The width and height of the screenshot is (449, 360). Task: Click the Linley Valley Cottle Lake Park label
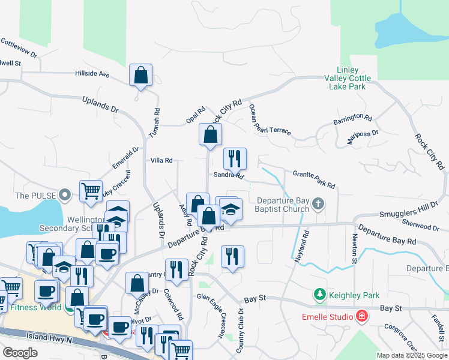[348, 79]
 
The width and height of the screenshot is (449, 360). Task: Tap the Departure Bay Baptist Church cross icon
[318, 206]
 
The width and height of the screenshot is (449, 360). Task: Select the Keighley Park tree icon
[320, 295]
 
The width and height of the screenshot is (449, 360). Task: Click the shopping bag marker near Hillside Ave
[141, 76]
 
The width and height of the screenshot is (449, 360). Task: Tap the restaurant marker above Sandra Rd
[235, 159]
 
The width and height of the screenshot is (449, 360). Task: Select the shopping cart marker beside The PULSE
[91, 191]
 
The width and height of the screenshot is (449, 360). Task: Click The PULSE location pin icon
[66, 195]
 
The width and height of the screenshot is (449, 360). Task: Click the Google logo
[20, 352]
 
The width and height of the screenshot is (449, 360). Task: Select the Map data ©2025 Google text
[411, 355]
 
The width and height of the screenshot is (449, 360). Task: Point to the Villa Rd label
[161, 160]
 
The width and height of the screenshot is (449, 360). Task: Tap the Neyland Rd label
[300, 245]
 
